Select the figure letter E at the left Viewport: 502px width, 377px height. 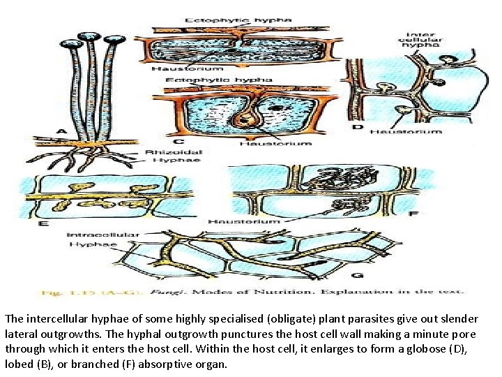click(x=43, y=223)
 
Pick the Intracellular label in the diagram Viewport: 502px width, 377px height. click(x=102, y=235)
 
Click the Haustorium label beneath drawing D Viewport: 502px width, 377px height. click(x=406, y=131)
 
